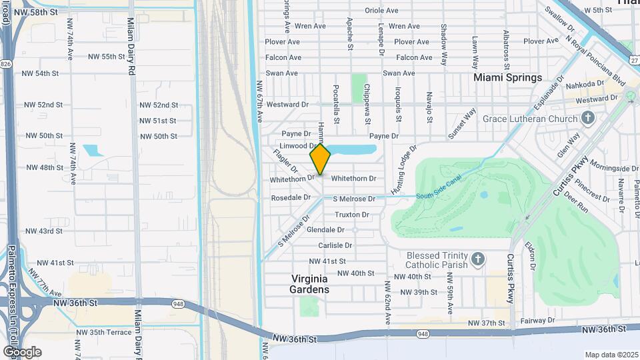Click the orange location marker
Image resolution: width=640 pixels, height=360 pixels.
click(321, 159)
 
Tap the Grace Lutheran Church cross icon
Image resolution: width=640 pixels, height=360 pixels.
click(587, 119)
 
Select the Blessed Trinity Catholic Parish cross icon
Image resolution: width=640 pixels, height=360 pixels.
click(477, 259)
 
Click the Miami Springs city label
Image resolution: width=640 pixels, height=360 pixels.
click(507, 77)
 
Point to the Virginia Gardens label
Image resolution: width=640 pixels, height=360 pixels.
click(310, 285)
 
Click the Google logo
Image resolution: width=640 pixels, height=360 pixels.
click(21, 352)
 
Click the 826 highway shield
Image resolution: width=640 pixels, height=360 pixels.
click(5, 63)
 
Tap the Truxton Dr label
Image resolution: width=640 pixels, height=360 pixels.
click(352, 215)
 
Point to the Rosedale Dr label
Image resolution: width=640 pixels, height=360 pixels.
click(290, 198)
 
